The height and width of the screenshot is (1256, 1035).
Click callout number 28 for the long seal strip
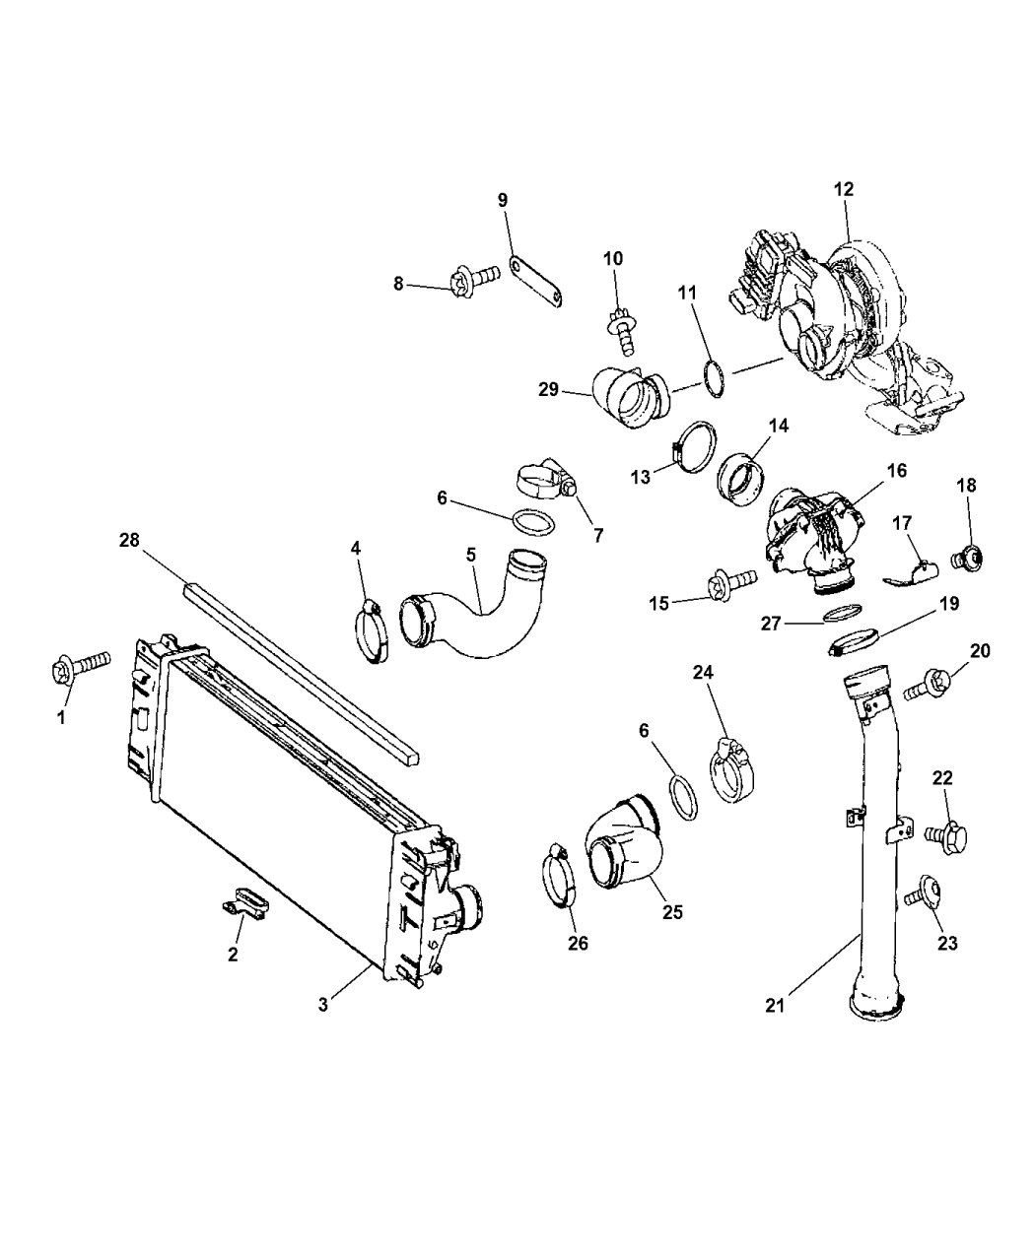[x=129, y=540]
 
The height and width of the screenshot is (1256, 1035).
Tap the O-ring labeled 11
[x=715, y=378]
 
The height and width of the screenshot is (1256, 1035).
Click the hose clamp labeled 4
[x=373, y=631]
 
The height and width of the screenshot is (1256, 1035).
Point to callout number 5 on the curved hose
[x=471, y=555]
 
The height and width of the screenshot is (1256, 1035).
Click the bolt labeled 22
[x=947, y=836]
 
